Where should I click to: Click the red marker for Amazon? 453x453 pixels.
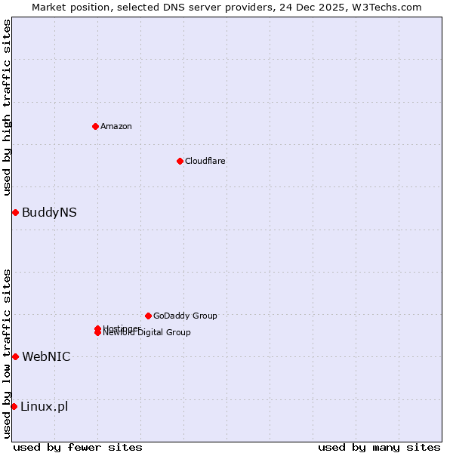pyautogui.click(x=95, y=126)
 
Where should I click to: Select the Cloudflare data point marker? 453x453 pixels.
pyautogui.click(x=180, y=161)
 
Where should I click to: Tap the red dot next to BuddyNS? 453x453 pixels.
pyautogui.click(x=15, y=212)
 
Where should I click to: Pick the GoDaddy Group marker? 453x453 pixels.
pyautogui.click(x=148, y=316)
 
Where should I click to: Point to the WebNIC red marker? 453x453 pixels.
pyautogui.click(x=15, y=356)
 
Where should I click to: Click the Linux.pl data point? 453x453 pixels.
pyautogui.click(x=14, y=406)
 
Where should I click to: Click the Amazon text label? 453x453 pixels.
pyautogui.click(x=116, y=126)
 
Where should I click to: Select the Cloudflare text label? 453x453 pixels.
pyautogui.click(x=205, y=161)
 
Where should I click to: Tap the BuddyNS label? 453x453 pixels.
pyautogui.click(x=49, y=212)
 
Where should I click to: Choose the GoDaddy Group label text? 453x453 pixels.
pyautogui.click(x=185, y=316)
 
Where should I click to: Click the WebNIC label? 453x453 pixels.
pyautogui.click(x=46, y=356)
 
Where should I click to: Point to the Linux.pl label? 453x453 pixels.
pyautogui.click(x=44, y=406)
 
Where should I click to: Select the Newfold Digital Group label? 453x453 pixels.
pyautogui.click(x=147, y=333)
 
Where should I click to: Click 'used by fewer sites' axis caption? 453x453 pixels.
pyautogui.click(x=78, y=447)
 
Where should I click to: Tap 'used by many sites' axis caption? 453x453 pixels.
pyautogui.click(x=379, y=447)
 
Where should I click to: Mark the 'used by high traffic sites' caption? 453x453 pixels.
pyautogui.click(x=7, y=107)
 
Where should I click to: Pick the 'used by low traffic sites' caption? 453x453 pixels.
pyautogui.click(x=7, y=353)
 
